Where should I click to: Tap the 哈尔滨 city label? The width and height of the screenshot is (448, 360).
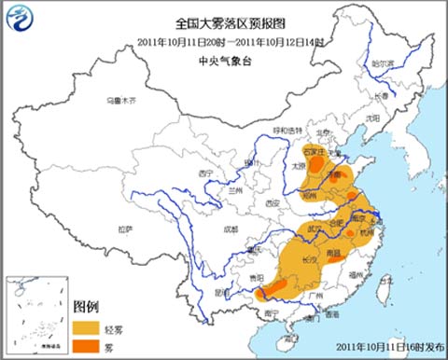click(384, 63)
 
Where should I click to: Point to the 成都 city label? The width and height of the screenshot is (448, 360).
click(231, 227)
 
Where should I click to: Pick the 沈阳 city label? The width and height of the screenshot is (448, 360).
click(372, 118)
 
